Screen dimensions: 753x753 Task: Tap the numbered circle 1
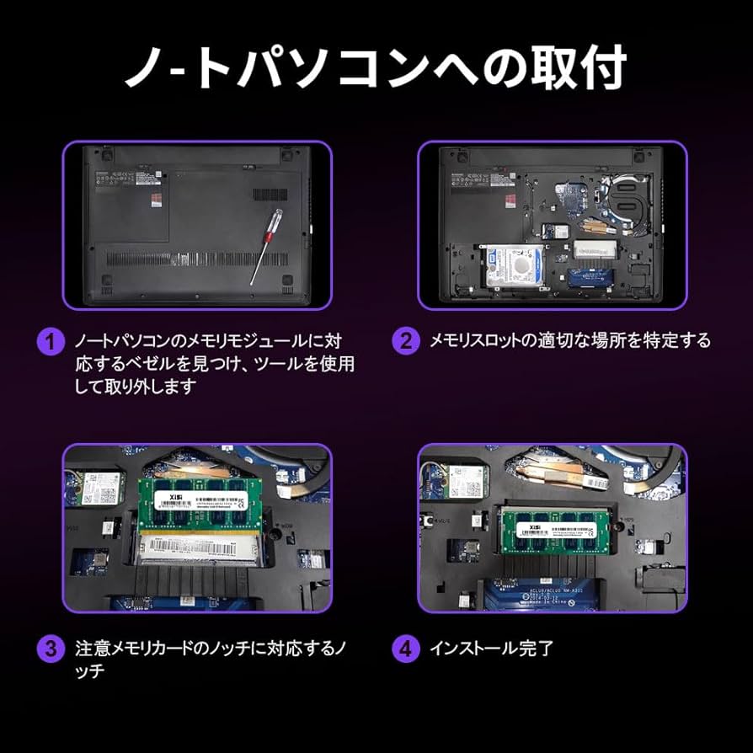51,342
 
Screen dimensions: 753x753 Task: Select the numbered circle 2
406,340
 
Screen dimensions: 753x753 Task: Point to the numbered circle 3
51,649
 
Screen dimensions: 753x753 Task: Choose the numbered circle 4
406,649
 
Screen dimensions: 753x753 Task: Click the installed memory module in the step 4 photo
557,530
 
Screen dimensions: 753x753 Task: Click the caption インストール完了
492,649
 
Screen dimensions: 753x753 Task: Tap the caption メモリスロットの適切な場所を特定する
570,340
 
